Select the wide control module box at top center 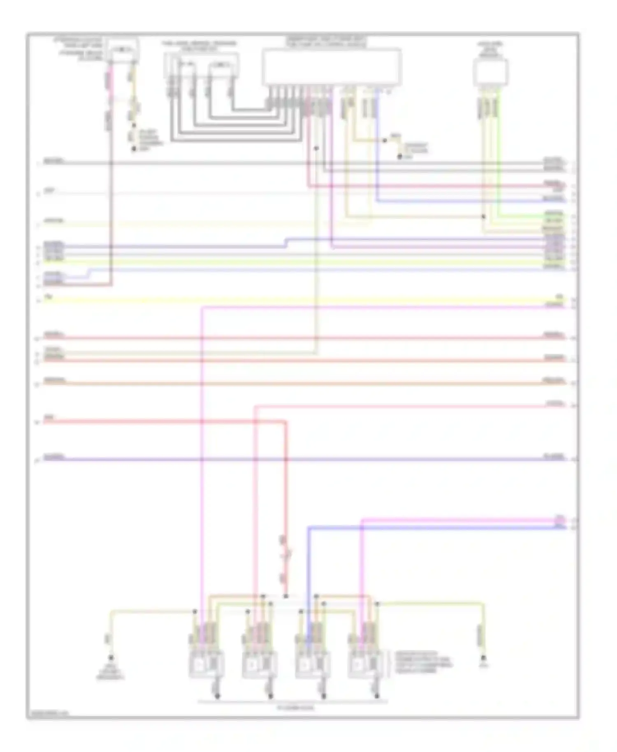[332, 67]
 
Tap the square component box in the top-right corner [490, 72]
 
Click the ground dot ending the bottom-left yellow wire [111, 657]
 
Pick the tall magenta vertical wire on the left [202, 453]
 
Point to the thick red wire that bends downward [285, 473]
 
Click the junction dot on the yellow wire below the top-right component [484, 216]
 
